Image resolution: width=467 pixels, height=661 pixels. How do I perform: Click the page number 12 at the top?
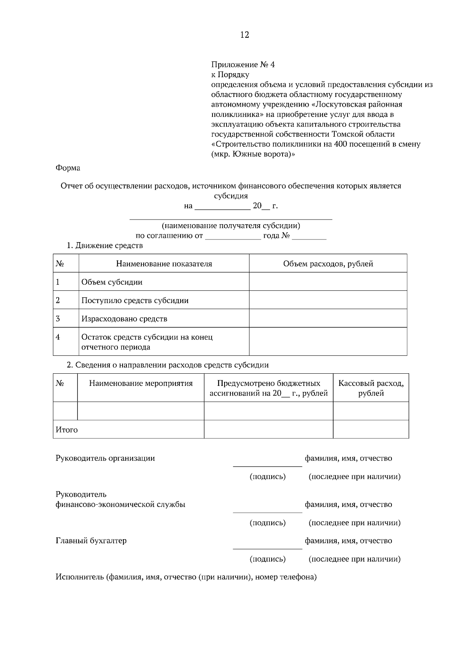click(244, 35)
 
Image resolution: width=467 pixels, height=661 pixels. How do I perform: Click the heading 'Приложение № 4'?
click(243, 65)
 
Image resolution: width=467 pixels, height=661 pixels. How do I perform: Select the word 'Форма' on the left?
click(68, 168)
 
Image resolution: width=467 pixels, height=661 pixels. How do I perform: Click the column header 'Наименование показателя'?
click(164, 264)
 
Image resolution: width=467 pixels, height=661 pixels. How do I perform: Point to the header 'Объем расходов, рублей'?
click(328, 264)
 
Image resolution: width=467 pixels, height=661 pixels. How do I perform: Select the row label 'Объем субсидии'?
click(112, 282)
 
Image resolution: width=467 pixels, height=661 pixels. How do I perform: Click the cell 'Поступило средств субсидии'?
click(135, 301)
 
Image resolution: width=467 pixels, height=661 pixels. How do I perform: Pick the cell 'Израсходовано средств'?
click(124, 319)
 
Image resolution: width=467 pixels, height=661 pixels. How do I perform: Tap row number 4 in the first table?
click(58, 337)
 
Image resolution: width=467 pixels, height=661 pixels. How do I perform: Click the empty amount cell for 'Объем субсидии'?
click(328, 281)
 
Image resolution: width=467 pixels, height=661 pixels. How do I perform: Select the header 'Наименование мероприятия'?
click(141, 383)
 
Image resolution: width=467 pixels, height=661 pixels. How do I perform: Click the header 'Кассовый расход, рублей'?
click(370, 388)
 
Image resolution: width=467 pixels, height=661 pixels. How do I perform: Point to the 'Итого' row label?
click(67, 430)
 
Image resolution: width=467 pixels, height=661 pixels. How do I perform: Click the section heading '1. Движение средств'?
click(105, 246)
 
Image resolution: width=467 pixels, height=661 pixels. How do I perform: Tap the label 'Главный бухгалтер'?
click(91, 541)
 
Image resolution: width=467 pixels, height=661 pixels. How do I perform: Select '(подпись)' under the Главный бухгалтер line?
click(267, 559)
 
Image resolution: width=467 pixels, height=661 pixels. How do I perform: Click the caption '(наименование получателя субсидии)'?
click(231, 226)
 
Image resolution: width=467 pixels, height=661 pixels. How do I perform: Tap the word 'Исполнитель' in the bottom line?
click(79, 577)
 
